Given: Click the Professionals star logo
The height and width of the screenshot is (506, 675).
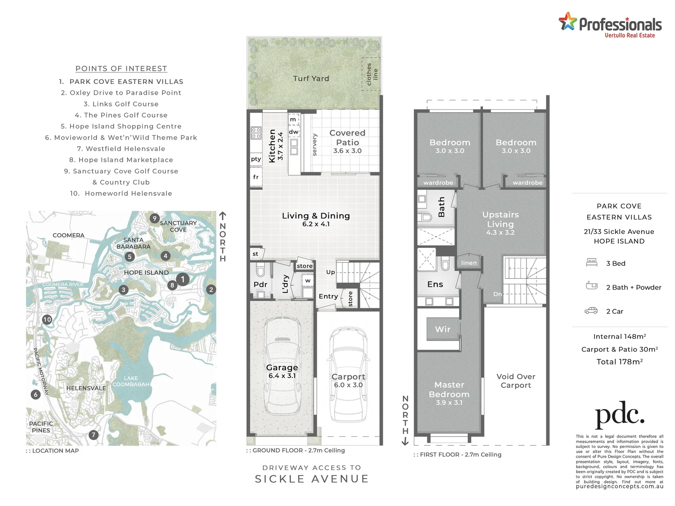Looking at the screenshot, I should (567, 22).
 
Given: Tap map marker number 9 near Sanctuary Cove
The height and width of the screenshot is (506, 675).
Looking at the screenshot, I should (154, 218).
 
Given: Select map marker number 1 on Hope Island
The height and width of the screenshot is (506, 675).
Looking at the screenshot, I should (183, 279).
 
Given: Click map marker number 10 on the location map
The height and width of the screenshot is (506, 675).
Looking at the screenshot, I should (47, 320).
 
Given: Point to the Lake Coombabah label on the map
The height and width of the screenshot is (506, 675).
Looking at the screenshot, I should (131, 381).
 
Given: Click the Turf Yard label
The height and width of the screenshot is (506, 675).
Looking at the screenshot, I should (311, 79).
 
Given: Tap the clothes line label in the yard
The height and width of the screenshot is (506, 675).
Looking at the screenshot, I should (372, 74).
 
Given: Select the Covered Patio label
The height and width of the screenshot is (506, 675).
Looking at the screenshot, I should (347, 138).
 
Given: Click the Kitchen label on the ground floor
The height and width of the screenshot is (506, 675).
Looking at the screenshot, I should (272, 146).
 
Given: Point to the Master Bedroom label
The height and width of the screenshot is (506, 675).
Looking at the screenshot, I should (449, 390).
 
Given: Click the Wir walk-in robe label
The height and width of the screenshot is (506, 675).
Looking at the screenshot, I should (442, 329).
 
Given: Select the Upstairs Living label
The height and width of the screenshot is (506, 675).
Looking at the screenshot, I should (500, 219).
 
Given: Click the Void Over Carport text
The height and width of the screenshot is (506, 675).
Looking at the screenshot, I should (516, 381).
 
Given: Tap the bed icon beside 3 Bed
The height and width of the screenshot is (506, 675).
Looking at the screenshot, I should (592, 263).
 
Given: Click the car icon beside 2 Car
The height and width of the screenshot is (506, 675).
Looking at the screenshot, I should (591, 311).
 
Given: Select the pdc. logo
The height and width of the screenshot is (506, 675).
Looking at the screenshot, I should (619, 415).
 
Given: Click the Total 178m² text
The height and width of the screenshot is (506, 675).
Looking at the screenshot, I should (619, 362).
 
